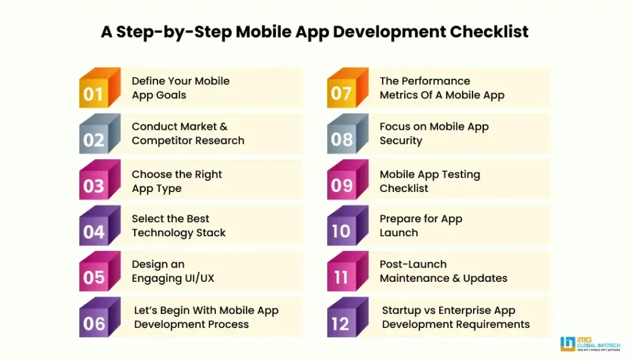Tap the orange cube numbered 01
(x=100, y=87)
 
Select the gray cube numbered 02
(x=100, y=134)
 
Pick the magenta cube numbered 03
(x=100, y=179)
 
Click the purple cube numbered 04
(x=100, y=225)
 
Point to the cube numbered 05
(x=100, y=271)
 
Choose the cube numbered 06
(x=100, y=317)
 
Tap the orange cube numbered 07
(x=348, y=87)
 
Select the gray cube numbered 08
(x=348, y=134)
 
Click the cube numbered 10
(x=348, y=225)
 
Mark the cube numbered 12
(x=348, y=317)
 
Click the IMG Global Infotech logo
(x=590, y=344)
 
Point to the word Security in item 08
(x=401, y=141)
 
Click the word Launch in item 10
(x=399, y=233)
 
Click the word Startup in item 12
(x=399, y=311)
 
